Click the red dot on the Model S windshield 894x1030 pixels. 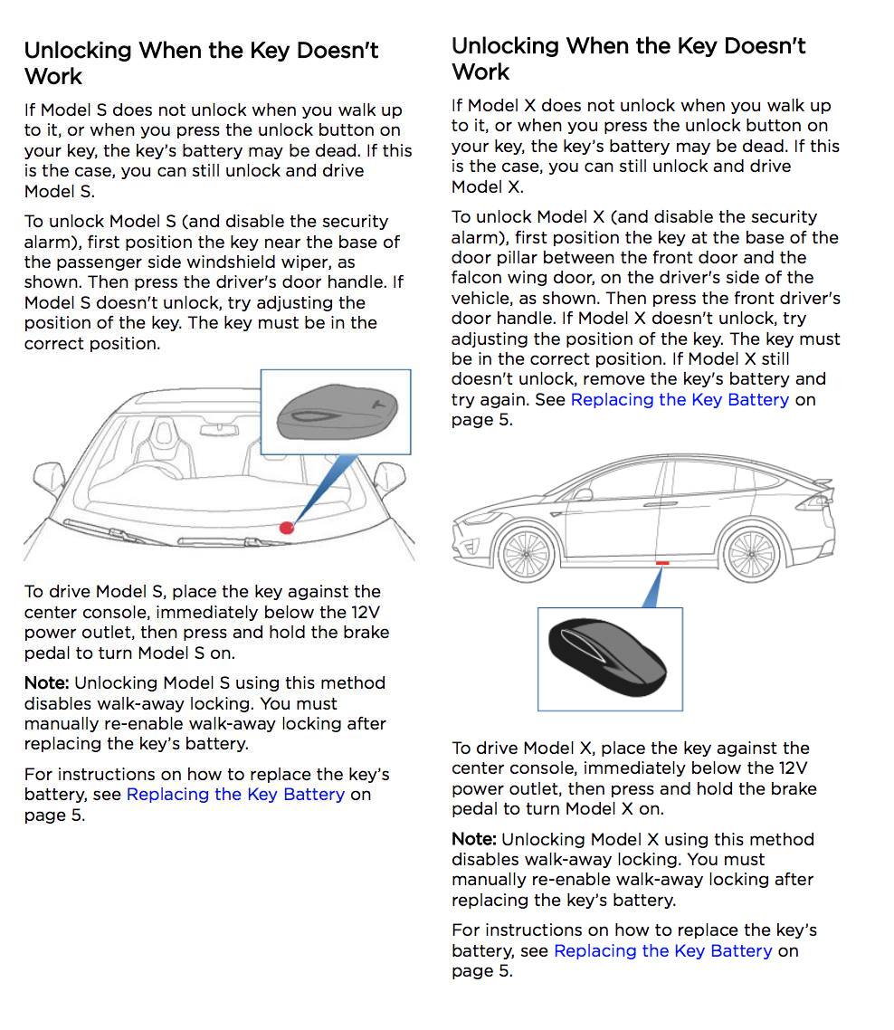tap(287, 527)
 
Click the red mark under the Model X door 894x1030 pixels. tap(662, 563)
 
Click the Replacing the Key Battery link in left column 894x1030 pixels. tap(235, 795)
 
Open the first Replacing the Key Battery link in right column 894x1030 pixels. tap(680, 399)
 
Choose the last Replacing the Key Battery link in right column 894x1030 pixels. tap(663, 951)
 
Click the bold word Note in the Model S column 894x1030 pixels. tap(46, 683)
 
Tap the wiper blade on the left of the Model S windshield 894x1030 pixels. tap(100, 529)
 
